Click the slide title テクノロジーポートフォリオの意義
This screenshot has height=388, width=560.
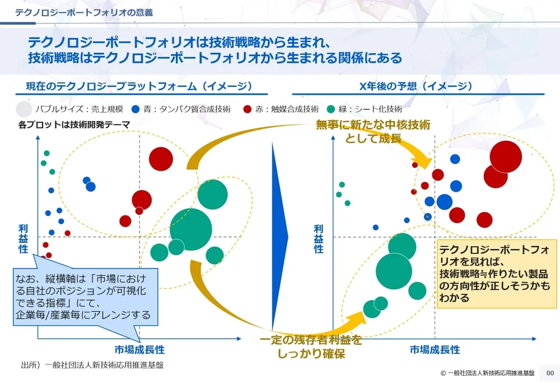click(x=84, y=12)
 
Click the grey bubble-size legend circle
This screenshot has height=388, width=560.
click(x=24, y=108)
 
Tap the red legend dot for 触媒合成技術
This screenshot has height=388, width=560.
click(x=247, y=109)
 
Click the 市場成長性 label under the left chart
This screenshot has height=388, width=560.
click(x=140, y=349)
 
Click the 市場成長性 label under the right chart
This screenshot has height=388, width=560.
click(x=435, y=349)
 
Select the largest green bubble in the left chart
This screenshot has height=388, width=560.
click(x=191, y=229)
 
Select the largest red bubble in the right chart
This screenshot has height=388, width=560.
click(x=506, y=156)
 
